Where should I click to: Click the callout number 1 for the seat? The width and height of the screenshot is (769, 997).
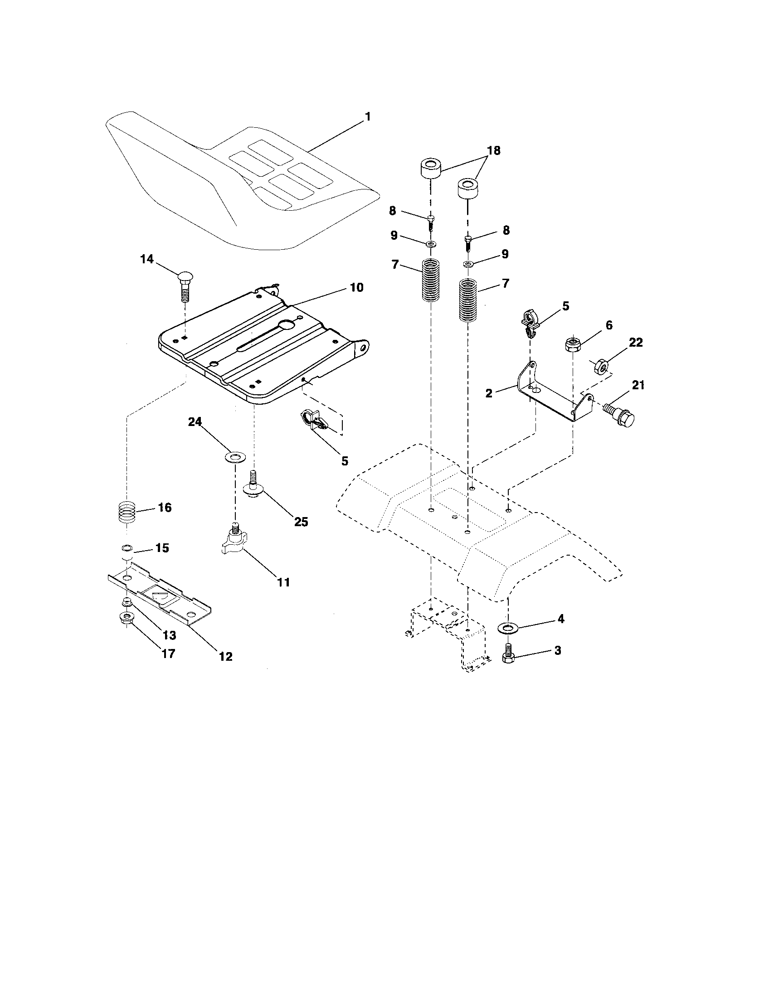(368, 116)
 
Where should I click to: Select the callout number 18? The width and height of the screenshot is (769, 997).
(494, 150)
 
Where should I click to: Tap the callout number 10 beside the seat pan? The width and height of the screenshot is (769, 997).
(357, 287)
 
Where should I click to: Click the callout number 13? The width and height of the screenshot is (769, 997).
(169, 634)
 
